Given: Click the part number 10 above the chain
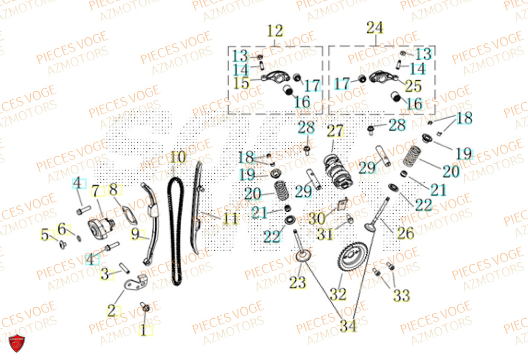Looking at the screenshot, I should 178,157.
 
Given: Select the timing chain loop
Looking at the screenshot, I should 175,227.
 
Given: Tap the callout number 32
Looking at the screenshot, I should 338,293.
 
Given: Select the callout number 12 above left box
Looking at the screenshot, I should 275,31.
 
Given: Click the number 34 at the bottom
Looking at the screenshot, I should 348,326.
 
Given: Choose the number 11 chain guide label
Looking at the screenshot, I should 230,217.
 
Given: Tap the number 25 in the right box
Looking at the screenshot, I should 413,84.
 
